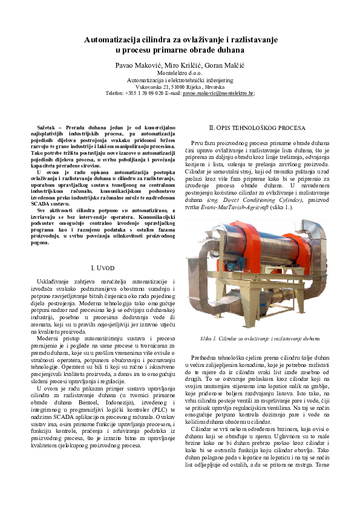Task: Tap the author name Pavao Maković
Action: coord(141,65)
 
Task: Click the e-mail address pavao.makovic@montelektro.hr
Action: coord(218,93)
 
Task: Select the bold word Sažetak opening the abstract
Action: coord(47,128)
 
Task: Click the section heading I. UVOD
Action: coord(102,267)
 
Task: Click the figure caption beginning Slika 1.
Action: coord(260,339)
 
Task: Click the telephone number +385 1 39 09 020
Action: coord(143,93)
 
